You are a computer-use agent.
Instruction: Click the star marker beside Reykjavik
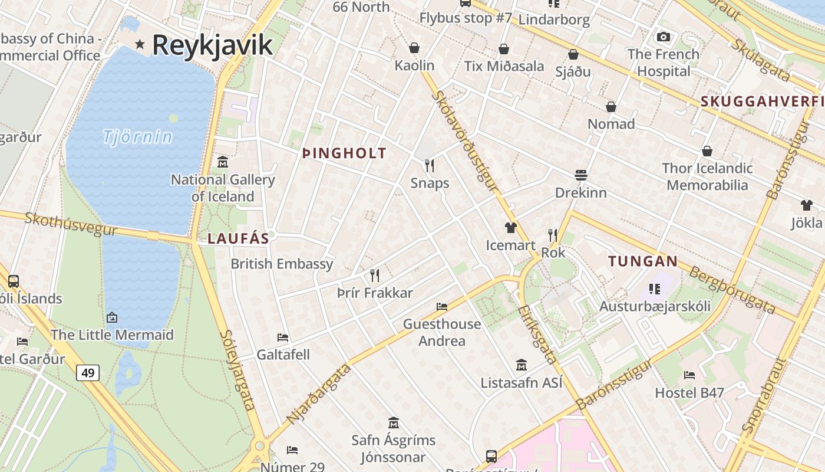[x=140, y=44]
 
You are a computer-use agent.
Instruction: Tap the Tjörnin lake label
[x=138, y=137]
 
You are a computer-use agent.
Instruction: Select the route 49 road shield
[x=87, y=373]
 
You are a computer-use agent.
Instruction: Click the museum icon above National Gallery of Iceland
[x=223, y=162]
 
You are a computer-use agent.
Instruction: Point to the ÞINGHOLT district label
[x=344, y=153]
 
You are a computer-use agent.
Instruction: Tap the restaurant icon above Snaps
[x=430, y=165]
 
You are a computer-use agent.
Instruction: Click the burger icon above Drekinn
[x=581, y=175]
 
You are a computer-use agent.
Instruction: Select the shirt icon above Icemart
[x=510, y=228]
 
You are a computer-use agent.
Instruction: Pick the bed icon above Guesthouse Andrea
[x=441, y=306]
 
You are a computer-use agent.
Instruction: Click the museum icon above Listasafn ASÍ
[x=521, y=365]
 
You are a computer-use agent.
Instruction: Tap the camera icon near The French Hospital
[x=663, y=37]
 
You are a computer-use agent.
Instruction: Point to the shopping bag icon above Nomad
[x=611, y=107]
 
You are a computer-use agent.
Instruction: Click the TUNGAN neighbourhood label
[x=643, y=261]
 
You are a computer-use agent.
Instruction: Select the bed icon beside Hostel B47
[x=689, y=375]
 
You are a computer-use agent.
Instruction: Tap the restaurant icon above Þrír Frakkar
[x=374, y=275]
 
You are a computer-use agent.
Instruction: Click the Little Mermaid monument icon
[x=112, y=317]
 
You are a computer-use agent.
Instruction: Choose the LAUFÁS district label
[x=238, y=239]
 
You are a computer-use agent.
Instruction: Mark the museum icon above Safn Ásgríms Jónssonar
[x=393, y=423]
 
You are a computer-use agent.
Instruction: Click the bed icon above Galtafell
[x=283, y=337]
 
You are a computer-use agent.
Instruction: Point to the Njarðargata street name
[x=319, y=394]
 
